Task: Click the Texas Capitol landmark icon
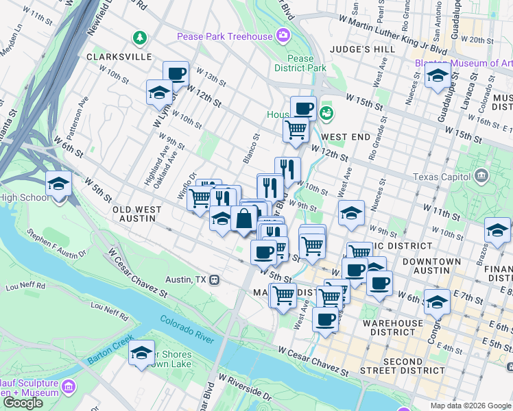(x=481, y=177)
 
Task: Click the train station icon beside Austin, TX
(x=215, y=279)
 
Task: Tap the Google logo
(x=23, y=403)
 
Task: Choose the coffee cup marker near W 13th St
(x=176, y=73)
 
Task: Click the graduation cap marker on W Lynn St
(x=159, y=92)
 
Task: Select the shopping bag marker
(x=244, y=219)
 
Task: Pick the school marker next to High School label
(x=59, y=184)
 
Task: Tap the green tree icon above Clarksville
(x=140, y=36)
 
